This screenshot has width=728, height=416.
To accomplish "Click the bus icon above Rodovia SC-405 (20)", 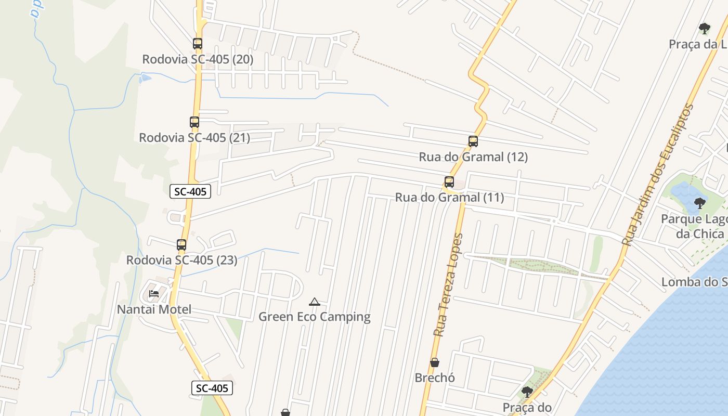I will [198, 44].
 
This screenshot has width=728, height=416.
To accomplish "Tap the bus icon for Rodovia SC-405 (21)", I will [194, 122].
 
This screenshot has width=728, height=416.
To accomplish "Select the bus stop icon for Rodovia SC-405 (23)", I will [181, 244].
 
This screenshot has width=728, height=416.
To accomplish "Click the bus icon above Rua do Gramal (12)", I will [473, 141].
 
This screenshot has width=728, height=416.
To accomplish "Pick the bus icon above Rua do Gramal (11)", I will [449, 182].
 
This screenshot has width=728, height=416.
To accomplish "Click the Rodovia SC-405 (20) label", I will [198, 59].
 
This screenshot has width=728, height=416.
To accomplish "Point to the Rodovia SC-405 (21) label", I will [194, 138].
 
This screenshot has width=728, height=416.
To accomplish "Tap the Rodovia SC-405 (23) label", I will [181, 260].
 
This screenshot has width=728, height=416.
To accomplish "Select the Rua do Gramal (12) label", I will [473, 157].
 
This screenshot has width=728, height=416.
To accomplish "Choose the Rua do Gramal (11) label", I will [449, 198].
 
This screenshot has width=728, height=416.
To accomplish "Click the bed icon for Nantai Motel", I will [154, 294].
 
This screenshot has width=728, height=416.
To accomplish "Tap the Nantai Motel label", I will [154, 309].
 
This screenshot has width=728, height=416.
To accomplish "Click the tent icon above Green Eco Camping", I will [315, 302].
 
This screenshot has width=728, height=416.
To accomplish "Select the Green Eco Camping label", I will [315, 317].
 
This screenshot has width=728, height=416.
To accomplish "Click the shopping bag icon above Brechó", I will [435, 362].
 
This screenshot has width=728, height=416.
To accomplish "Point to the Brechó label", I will [435, 378].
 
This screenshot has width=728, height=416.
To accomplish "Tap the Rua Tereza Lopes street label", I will [448, 284].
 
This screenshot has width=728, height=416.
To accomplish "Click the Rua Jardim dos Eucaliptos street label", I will [658, 175].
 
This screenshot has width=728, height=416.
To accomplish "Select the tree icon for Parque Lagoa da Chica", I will [700, 203].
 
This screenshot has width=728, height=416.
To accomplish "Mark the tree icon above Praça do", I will [527, 392].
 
